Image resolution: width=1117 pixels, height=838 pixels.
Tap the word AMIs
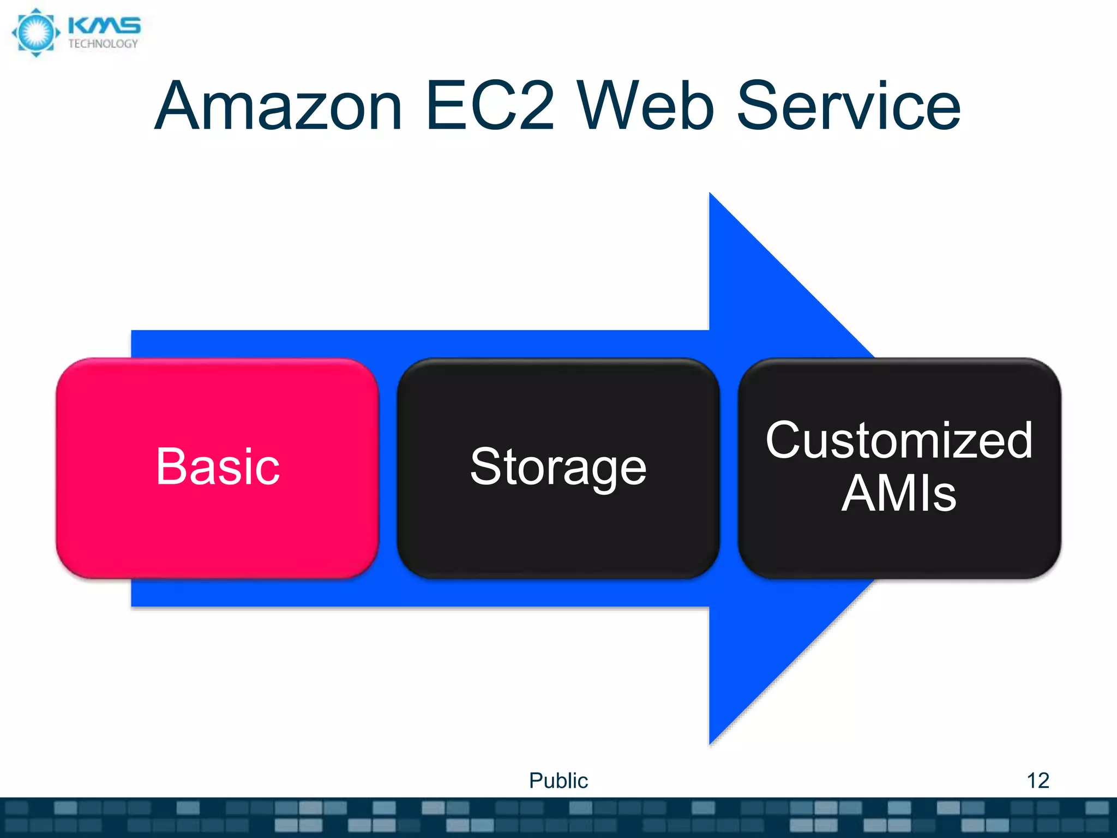tap(899, 493)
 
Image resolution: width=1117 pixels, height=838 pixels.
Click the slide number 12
tap(1037, 780)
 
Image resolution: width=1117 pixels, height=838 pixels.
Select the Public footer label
tap(558, 781)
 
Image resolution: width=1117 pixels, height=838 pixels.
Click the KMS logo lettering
tap(104, 26)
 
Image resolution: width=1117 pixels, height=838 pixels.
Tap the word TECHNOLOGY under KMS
tap(103, 44)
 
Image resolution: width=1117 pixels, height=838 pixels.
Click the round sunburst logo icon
tap(36, 32)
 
